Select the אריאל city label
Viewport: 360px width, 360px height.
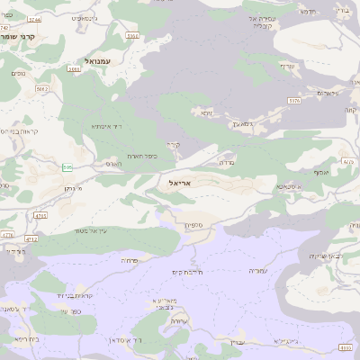coord(181,183)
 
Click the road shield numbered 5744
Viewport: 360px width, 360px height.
coord(34,19)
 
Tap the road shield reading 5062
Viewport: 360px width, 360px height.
coord(42,89)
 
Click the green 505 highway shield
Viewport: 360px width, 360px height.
coord(67,167)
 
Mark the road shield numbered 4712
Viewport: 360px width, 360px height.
coord(31,240)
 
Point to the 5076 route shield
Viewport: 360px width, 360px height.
coord(294,101)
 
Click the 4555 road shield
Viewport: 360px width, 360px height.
coord(346,346)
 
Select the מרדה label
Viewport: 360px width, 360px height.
coord(226,165)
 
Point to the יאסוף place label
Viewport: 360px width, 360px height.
coord(320,171)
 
